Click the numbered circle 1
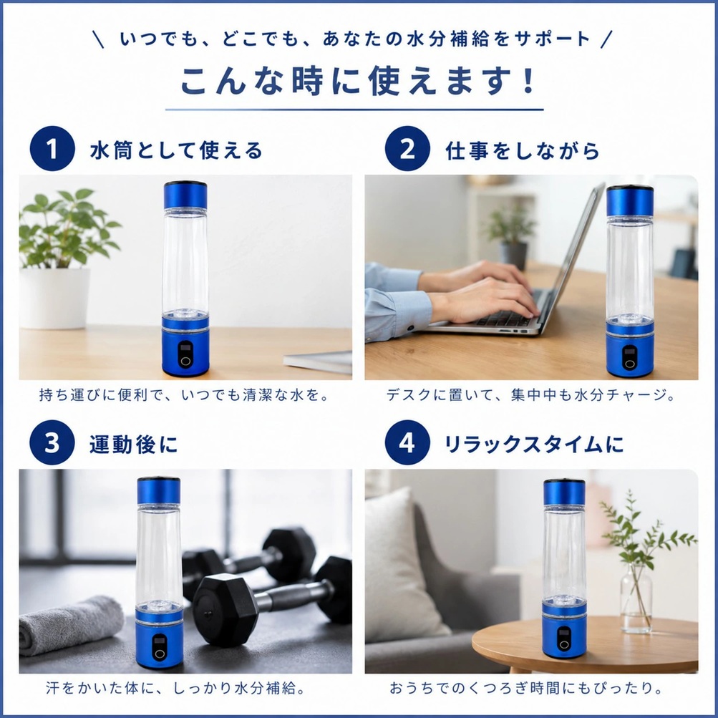click(52, 148)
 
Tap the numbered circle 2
click(407, 148)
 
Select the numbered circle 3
click(52, 442)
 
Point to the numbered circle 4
click(407, 442)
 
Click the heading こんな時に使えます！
click(358, 81)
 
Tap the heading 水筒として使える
click(176, 150)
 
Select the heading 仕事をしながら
click(523, 150)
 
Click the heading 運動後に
click(133, 444)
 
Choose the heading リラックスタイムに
click(534, 444)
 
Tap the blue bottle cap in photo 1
click(185, 195)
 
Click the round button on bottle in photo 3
click(160, 654)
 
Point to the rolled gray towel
click(71, 624)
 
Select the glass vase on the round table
click(636, 598)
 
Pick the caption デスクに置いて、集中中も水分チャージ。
click(530, 394)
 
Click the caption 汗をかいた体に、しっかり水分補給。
click(176, 688)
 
